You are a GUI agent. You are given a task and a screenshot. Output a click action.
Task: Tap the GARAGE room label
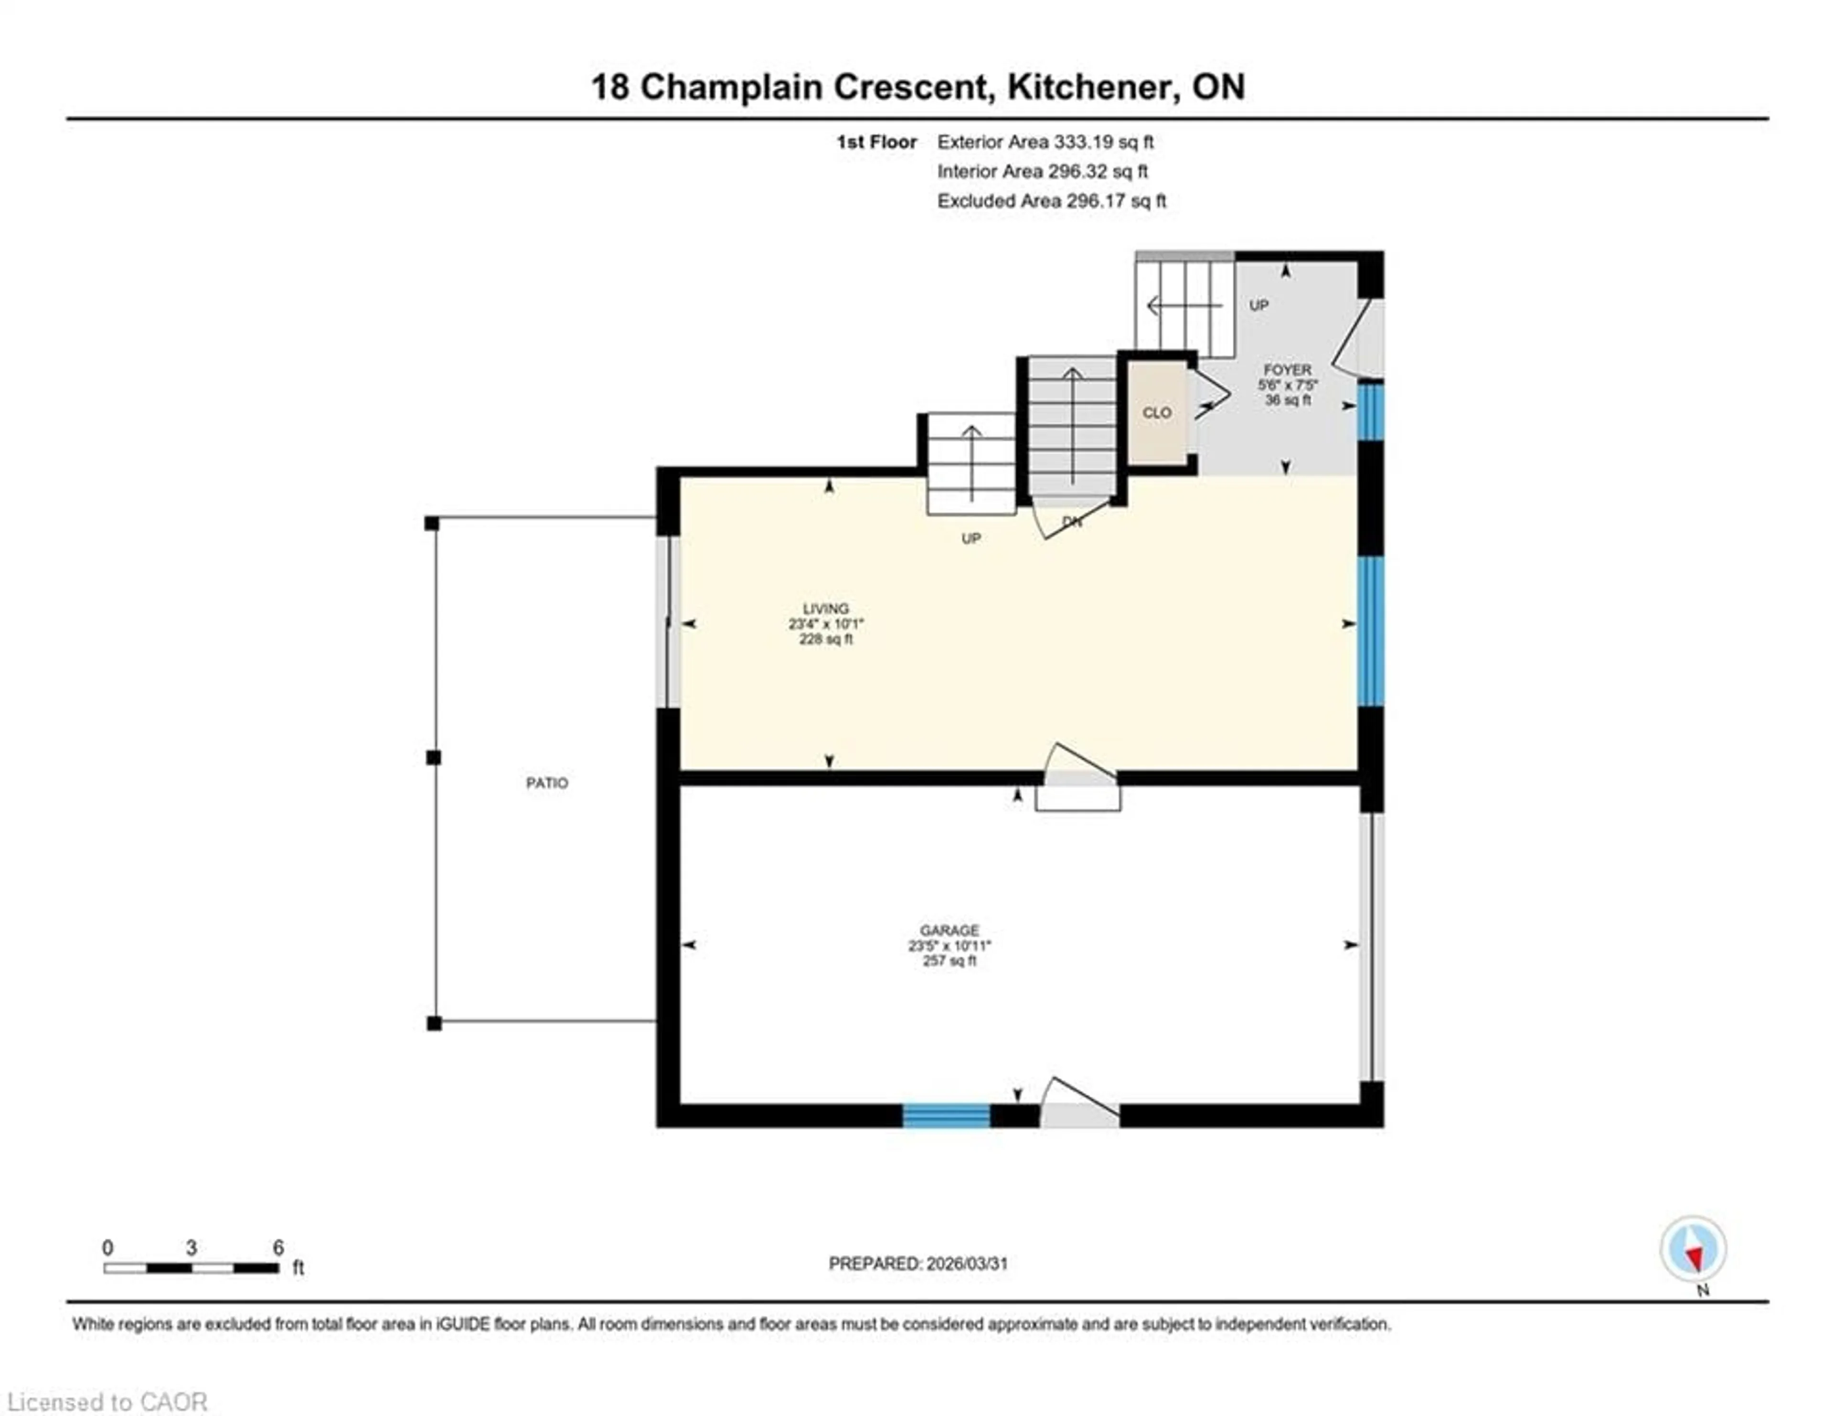tap(949, 931)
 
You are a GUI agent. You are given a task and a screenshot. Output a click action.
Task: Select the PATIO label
tap(547, 783)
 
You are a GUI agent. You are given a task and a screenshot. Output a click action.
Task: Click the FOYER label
tap(1287, 370)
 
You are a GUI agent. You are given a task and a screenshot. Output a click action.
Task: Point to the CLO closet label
tap(1156, 412)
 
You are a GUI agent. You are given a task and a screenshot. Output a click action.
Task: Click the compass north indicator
tap(1693, 1249)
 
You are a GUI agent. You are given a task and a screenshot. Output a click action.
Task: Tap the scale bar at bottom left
tap(192, 1267)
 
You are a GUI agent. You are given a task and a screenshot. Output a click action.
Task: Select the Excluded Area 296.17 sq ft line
tap(1051, 201)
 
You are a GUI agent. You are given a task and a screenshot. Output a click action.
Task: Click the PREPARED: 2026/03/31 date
tap(918, 1263)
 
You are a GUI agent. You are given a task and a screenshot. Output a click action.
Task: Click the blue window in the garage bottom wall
tap(947, 1116)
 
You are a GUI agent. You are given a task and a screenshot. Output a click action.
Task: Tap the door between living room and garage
tap(1078, 777)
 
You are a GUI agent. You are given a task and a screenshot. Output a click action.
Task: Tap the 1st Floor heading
tap(876, 142)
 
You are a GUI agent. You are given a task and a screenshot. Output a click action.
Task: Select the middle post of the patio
tap(433, 758)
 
